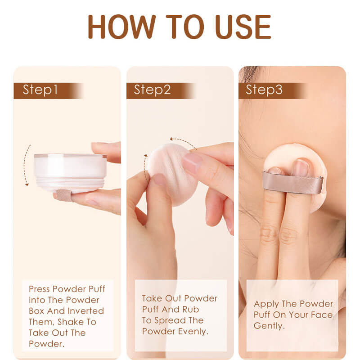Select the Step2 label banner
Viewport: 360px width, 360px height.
pyautogui.click(x=153, y=90)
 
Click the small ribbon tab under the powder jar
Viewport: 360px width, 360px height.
pyautogui.click(x=63, y=195)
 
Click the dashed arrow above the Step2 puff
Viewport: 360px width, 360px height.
pyautogui.click(x=183, y=141)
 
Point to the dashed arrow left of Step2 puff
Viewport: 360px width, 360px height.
pyautogui.click(x=145, y=168)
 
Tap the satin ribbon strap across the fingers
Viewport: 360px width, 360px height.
pyautogui.click(x=292, y=182)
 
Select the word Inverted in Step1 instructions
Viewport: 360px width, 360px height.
pyautogui.click(x=85, y=311)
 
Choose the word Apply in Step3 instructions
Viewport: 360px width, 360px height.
pyautogui.click(x=266, y=304)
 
